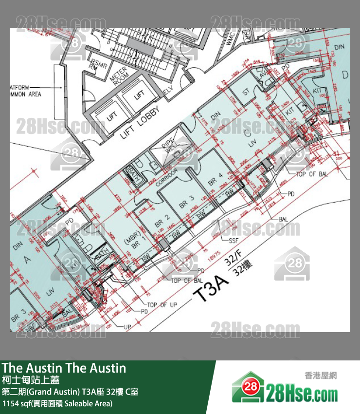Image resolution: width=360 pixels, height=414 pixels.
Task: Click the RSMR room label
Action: click(95, 65)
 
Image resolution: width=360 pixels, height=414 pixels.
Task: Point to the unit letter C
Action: click(247, 132)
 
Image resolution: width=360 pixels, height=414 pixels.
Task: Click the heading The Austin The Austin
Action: click(64, 368)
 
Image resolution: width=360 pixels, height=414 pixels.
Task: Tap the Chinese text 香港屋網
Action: click(321, 376)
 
